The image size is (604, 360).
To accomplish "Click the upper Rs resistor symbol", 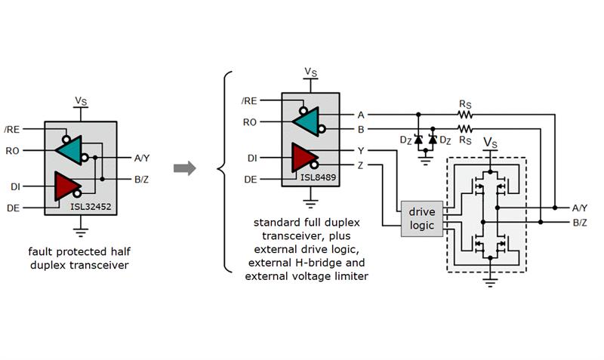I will (x=464, y=115).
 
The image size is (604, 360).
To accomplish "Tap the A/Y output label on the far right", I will (x=580, y=208).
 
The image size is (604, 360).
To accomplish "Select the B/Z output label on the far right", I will (x=580, y=223).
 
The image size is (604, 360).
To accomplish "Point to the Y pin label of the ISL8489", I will (x=360, y=150).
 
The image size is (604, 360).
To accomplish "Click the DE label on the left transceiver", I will (x=14, y=207).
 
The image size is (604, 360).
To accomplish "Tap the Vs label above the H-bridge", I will (x=490, y=142).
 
